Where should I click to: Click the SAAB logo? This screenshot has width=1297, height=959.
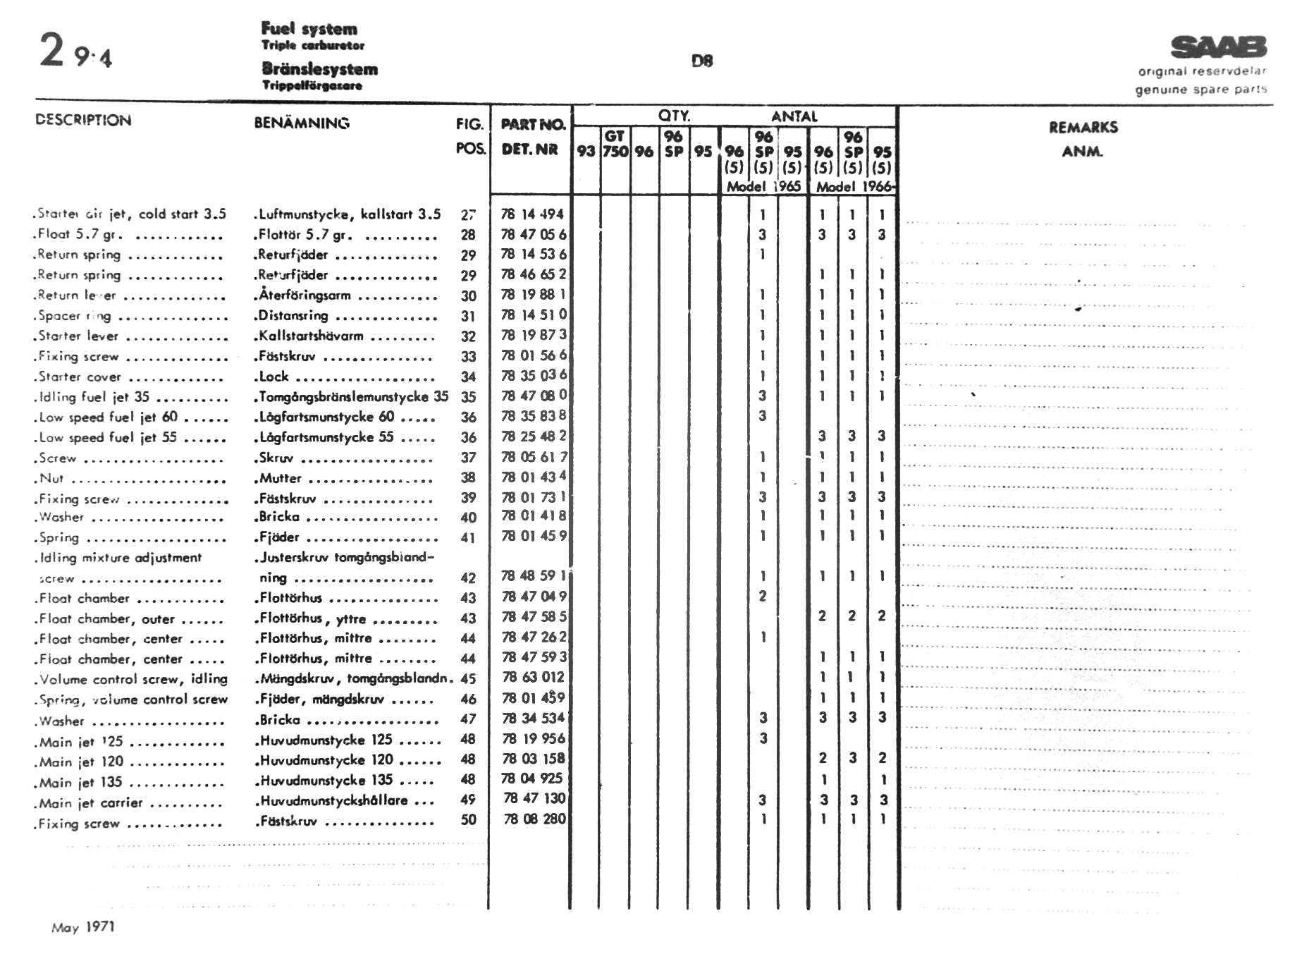[x=1218, y=47]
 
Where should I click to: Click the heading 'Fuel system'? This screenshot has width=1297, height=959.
[x=309, y=29]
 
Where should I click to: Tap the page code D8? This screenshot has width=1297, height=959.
[x=702, y=61]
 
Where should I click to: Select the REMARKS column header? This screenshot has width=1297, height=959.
[x=1083, y=128]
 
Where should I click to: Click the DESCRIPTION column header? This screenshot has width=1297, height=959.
[x=83, y=120]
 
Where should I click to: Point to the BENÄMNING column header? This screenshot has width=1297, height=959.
[x=302, y=123]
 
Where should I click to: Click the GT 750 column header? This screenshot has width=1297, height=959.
[x=615, y=144]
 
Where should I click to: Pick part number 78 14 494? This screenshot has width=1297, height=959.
[x=532, y=214]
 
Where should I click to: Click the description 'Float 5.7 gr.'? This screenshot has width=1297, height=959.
[x=80, y=234]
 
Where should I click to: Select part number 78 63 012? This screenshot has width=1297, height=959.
[x=534, y=678]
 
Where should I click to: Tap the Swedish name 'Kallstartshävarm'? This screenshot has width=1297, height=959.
[x=311, y=336]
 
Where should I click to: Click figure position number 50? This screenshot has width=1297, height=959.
[x=468, y=820]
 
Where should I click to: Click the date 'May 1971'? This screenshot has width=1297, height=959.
[x=82, y=927]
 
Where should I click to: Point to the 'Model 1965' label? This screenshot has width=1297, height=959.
[x=763, y=187]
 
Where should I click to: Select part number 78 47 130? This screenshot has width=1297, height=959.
[x=534, y=799]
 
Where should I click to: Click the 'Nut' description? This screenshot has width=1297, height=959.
[x=51, y=478]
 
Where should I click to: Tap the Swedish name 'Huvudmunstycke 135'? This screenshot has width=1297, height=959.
[x=326, y=781]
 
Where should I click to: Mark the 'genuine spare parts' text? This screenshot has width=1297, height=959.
[x=1200, y=90]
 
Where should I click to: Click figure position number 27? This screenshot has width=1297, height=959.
[x=468, y=215]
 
